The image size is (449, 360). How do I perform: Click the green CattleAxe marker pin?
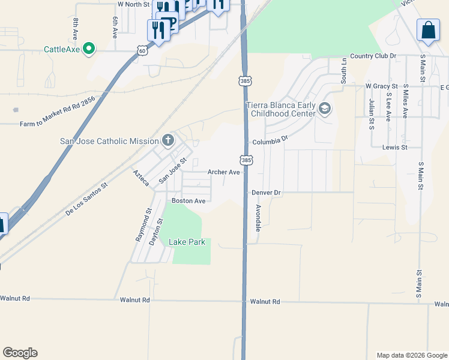point(89,49)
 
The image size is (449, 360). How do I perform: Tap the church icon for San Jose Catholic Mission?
point(168,141)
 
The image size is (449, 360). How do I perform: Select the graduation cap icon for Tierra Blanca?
point(325,109)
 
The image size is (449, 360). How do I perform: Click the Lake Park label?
point(187,242)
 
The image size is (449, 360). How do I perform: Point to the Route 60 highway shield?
point(142,51)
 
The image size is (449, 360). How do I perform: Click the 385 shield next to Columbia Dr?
point(246,160)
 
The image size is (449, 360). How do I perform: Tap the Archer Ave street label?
point(223,172)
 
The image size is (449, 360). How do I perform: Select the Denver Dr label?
point(267,193)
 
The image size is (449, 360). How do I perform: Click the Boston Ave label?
point(188,200)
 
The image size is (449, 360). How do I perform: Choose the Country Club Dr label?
point(373,56)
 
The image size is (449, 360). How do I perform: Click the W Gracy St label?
point(382,86)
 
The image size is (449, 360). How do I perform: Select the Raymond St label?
point(142,226)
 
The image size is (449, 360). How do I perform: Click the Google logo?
point(20,353)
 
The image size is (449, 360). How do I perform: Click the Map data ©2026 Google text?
point(411,355)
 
